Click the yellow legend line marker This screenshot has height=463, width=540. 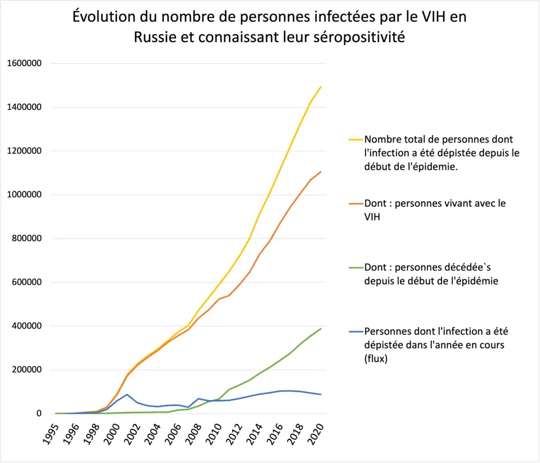tap(355, 139)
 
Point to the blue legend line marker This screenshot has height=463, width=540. tap(355, 331)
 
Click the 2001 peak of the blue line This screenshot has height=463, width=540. tap(127, 394)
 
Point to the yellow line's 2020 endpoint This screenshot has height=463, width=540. tap(321, 87)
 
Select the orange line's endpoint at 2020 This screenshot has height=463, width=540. tap(321, 171)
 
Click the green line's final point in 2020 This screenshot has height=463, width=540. tap(321, 328)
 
